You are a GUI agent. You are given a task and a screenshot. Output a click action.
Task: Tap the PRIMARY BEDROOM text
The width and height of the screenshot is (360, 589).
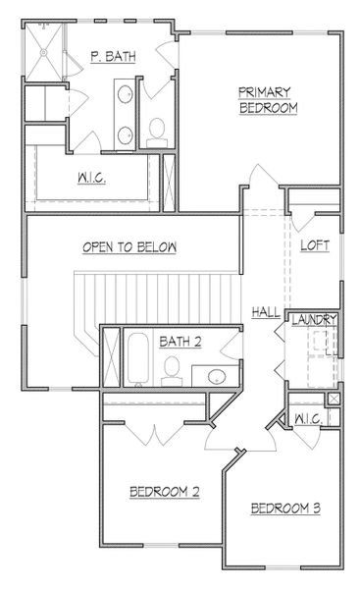[266, 99]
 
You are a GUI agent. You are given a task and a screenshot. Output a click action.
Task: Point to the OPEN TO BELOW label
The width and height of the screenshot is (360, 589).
[129, 247]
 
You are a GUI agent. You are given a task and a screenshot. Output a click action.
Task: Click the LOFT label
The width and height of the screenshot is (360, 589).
[314, 245]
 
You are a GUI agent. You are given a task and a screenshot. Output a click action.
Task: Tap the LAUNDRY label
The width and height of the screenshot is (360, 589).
[315, 321]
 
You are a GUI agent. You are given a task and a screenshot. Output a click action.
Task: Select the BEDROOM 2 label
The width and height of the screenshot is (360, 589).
[166, 490]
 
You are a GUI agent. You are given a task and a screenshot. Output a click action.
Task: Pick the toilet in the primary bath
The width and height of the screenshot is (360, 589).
[157, 133]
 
